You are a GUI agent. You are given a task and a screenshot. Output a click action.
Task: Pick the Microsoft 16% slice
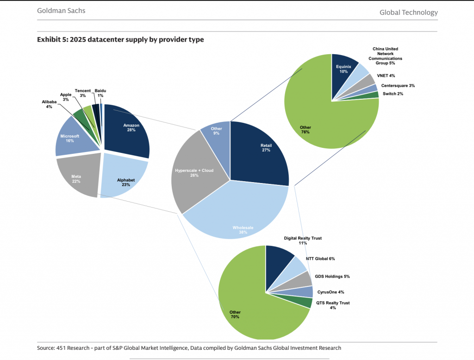coord(72,139)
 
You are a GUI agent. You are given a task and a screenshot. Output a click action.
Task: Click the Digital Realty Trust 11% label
coord(303,240)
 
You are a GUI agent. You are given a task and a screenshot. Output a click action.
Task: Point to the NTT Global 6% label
coord(320,259)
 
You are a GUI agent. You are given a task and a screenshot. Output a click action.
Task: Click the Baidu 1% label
coord(100,93)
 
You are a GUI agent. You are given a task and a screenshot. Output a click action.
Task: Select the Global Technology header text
coord(408,13)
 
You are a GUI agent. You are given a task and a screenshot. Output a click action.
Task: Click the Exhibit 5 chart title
coord(120,40)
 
